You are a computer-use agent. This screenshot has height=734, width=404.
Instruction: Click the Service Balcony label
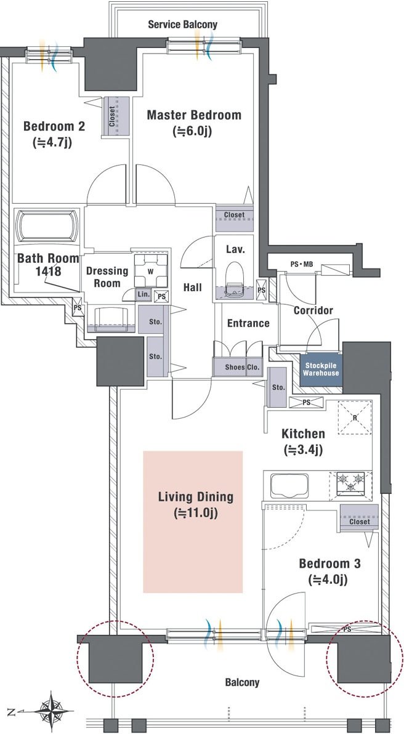[x=182, y=25]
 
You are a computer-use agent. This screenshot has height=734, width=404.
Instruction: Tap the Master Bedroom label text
[x=194, y=115]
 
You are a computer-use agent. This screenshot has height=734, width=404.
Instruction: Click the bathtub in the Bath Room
[x=47, y=226]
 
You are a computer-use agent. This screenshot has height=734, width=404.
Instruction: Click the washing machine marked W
[x=151, y=270]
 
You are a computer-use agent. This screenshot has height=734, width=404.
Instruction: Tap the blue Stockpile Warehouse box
[x=321, y=369]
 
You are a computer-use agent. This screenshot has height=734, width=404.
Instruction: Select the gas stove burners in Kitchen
[x=350, y=483]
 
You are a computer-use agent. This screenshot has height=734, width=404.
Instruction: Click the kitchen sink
[x=289, y=486]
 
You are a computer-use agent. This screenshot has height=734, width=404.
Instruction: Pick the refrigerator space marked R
[x=354, y=417]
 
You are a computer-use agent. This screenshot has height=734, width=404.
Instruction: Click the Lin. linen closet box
[x=143, y=294]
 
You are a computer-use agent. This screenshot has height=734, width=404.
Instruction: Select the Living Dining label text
[x=196, y=497]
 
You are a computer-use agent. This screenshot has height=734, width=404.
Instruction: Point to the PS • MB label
[x=301, y=264]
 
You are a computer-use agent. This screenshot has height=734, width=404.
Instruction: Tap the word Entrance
[x=248, y=323]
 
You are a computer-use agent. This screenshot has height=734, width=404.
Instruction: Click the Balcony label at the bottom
[x=242, y=682]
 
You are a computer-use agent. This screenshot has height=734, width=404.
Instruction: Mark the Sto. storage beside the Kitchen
[x=277, y=387]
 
